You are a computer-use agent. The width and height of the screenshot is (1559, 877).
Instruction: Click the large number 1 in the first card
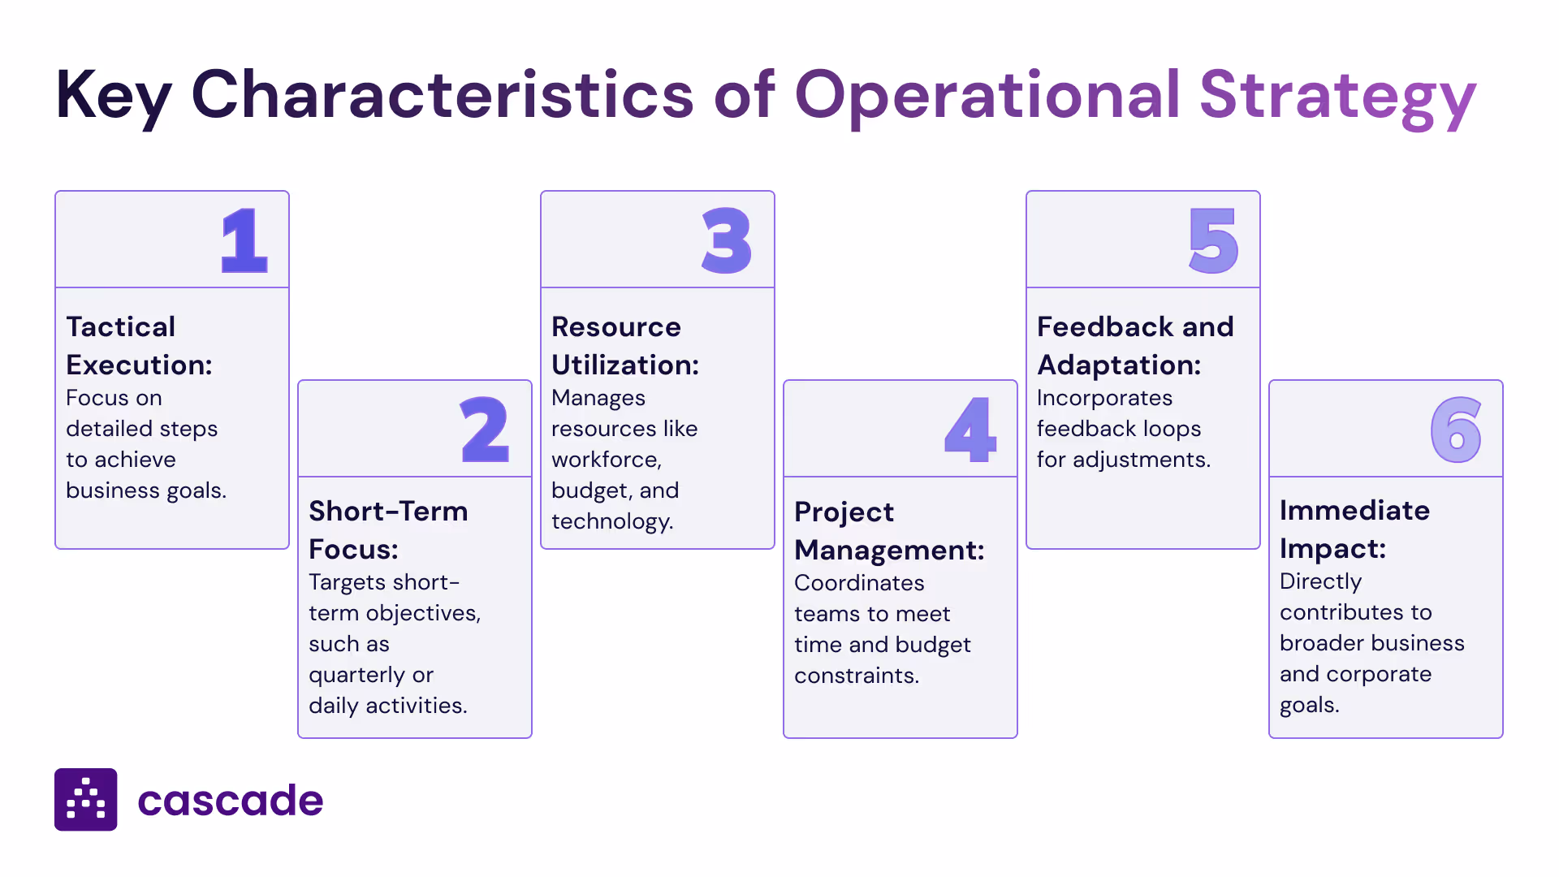[244, 240]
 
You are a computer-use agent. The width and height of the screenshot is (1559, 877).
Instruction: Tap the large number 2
[485, 430]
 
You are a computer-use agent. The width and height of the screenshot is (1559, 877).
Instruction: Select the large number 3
[727, 240]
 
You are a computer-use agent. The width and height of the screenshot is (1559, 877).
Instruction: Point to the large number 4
[970, 430]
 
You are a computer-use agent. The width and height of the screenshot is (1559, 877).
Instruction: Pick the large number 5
[1213, 240]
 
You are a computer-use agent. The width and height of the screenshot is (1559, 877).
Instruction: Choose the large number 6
[1456, 430]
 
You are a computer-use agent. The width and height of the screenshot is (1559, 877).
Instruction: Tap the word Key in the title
[113, 96]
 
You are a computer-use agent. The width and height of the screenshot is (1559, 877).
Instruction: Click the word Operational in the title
[987, 96]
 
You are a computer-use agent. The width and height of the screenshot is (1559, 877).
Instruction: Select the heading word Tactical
[120, 326]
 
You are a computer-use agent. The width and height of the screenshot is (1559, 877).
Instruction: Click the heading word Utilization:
[625, 365]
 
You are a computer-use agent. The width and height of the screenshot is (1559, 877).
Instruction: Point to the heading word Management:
[889, 550]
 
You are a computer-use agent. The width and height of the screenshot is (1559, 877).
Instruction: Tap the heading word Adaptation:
[1119, 365]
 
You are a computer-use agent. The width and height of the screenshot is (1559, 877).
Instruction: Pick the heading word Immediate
[1354, 510]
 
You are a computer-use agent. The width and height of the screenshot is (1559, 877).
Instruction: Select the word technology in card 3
[611, 521]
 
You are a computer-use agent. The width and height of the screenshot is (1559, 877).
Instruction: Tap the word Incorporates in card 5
[1104, 398]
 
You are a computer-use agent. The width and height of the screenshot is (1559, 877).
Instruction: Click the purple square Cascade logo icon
[86, 800]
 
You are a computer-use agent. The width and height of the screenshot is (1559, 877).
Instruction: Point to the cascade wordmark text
[231, 801]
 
